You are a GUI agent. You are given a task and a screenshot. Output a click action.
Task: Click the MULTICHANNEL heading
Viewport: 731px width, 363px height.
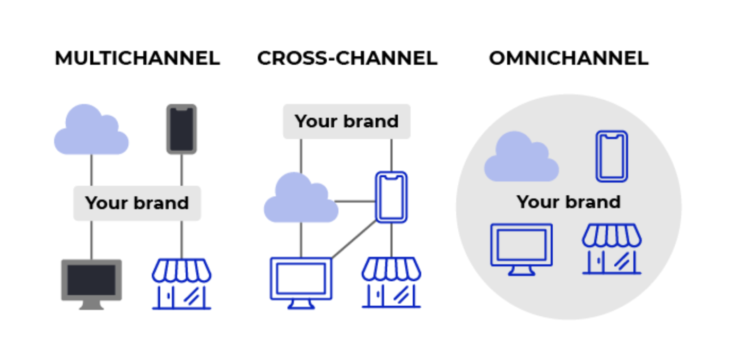(x=137, y=58)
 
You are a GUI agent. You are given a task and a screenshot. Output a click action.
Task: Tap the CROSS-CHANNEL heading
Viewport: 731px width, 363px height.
(x=347, y=58)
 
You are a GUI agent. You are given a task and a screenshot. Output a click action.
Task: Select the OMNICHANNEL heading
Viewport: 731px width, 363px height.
(x=569, y=58)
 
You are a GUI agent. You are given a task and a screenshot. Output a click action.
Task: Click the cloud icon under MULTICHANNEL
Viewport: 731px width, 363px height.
(x=91, y=131)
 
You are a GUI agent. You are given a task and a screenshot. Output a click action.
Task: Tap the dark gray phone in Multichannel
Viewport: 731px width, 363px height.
(x=181, y=129)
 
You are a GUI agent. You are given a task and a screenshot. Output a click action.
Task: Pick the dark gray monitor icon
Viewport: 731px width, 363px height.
(x=92, y=284)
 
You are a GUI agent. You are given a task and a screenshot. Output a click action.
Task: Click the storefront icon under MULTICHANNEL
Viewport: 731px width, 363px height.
(x=181, y=284)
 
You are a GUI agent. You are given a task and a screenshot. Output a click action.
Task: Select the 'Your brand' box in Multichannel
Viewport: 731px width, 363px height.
(x=137, y=203)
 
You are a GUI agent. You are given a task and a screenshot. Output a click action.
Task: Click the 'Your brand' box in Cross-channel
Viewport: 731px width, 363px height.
(x=346, y=122)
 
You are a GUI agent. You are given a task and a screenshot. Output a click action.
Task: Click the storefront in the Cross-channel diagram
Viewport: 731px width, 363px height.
(x=391, y=282)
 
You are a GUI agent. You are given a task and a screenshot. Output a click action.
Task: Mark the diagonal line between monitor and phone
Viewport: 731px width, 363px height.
(x=354, y=239)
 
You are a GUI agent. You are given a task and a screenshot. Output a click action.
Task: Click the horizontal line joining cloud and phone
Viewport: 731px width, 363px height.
(x=355, y=202)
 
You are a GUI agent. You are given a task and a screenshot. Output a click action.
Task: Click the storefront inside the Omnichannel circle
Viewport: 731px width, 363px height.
(x=612, y=249)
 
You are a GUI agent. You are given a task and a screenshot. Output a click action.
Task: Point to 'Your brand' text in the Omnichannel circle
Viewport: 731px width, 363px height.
(x=569, y=202)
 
